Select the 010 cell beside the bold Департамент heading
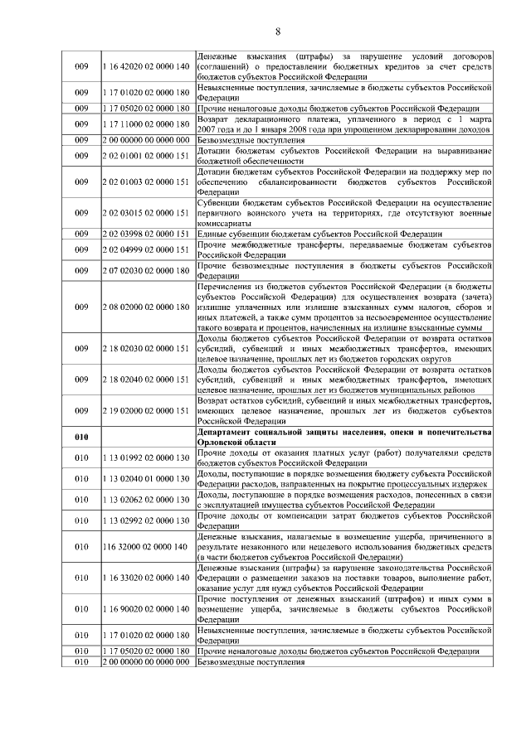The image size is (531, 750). [81, 437]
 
